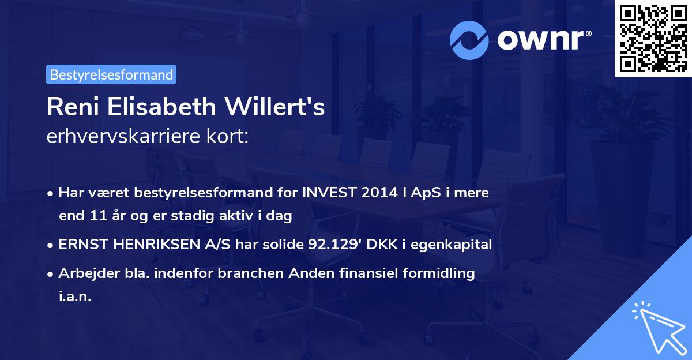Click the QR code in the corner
pyautogui.click(x=653, y=38)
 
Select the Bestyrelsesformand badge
pyautogui.click(x=111, y=74)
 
